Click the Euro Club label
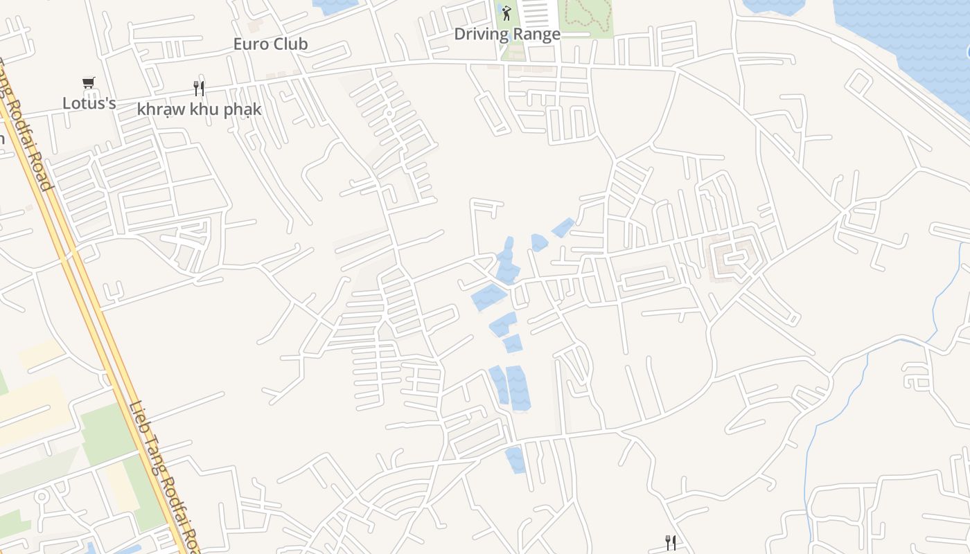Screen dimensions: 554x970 [270, 44]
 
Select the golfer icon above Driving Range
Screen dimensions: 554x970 [506, 12]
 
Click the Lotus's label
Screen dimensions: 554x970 [89, 103]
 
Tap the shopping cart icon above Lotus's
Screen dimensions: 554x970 [88, 83]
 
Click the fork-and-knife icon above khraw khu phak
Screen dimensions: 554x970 [199, 89]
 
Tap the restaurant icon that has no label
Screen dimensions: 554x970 [670, 542]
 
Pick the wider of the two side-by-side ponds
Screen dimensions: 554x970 [518, 388]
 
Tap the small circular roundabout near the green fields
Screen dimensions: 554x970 [42, 496]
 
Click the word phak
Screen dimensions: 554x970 [242, 109]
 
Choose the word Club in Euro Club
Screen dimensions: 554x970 [290, 44]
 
